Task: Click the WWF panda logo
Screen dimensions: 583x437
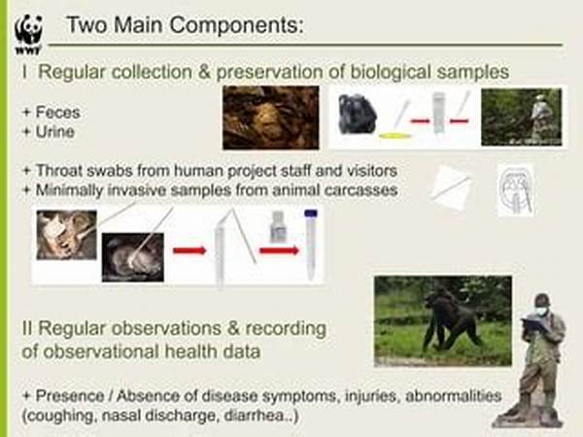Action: tap(28, 34)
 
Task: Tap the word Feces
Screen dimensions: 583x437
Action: tap(57, 113)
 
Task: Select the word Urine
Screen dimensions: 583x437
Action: tap(54, 132)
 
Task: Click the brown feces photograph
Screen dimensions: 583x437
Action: tap(271, 118)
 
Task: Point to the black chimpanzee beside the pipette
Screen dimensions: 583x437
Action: tap(357, 114)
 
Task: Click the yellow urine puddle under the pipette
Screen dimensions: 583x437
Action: tap(394, 136)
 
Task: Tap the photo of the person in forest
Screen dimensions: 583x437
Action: tap(521, 117)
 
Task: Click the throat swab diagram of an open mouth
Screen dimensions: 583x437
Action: tap(516, 190)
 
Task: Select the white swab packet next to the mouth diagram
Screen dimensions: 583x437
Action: tap(452, 188)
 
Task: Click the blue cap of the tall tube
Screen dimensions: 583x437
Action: tap(311, 213)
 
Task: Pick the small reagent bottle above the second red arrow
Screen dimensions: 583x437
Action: tap(277, 226)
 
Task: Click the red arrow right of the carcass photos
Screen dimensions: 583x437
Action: tap(189, 251)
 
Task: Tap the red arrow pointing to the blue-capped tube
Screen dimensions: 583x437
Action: tap(279, 251)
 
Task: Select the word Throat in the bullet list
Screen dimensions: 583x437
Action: tap(58, 171)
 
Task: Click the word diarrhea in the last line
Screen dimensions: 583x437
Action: tap(254, 416)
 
